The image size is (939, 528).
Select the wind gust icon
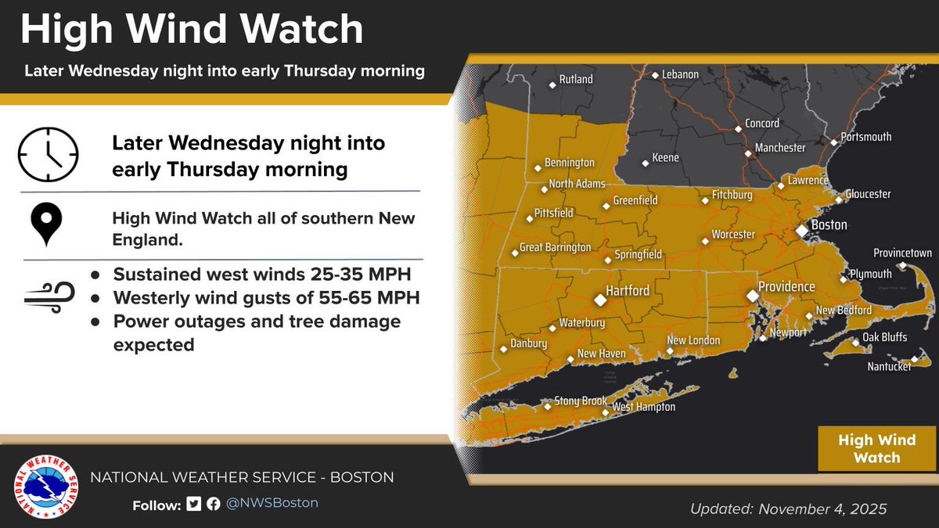tap(49, 298)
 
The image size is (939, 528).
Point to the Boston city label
tap(829, 225)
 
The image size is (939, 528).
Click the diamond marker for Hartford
tap(600, 300)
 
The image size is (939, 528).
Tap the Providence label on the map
tap(786, 287)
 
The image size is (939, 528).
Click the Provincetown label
tap(902, 253)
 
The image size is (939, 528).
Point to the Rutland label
tap(575, 80)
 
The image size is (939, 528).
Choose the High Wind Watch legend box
tap(876, 449)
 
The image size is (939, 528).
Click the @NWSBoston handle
tap(272, 503)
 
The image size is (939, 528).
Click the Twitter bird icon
tap(194, 503)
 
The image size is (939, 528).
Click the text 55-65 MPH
tap(367, 298)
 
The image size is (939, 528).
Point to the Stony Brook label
tap(581, 401)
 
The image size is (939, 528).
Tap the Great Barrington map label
tap(556, 247)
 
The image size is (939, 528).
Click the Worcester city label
tap(733, 235)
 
